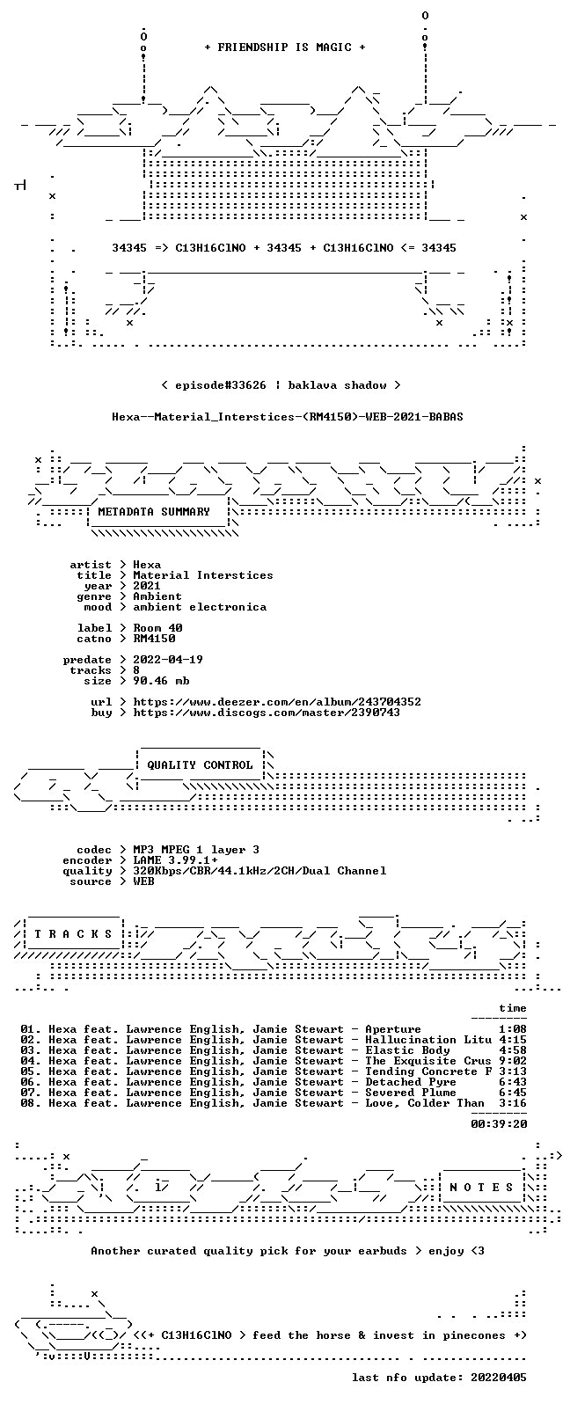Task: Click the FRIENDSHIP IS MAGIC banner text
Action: (285, 48)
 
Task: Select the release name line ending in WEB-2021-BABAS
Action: (287, 417)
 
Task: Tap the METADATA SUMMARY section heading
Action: (154, 512)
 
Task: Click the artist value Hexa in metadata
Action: (147, 565)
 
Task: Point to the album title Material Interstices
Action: (203, 575)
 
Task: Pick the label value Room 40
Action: (157, 628)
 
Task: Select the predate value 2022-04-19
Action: (168, 660)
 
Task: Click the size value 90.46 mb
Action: (161, 681)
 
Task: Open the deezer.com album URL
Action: (277, 702)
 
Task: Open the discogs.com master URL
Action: (267, 713)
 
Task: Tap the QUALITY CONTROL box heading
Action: (200, 765)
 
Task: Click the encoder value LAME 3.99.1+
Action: (175, 860)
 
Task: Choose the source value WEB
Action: (143, 881)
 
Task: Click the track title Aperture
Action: (393, 1029)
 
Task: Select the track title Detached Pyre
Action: (411, 1082)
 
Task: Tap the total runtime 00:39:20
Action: (499, 1124)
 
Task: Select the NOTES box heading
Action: (481, 1188)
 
